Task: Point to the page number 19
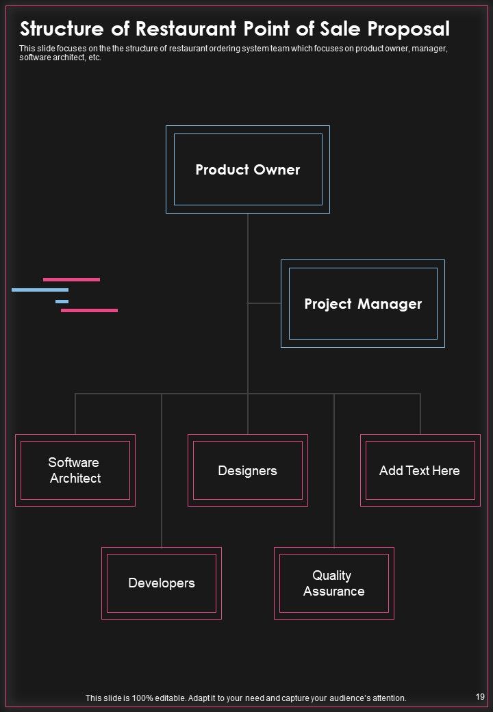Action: (480, 696)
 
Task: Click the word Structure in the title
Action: (62, 29)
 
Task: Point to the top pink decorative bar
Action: (71, 280)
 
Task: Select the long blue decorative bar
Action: (40, 290)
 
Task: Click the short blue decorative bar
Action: (62, 301)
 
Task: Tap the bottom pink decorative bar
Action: (89, 311)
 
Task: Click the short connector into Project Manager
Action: (264, 303)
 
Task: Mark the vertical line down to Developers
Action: (162, 470)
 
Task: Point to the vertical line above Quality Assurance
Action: (334, 470)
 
